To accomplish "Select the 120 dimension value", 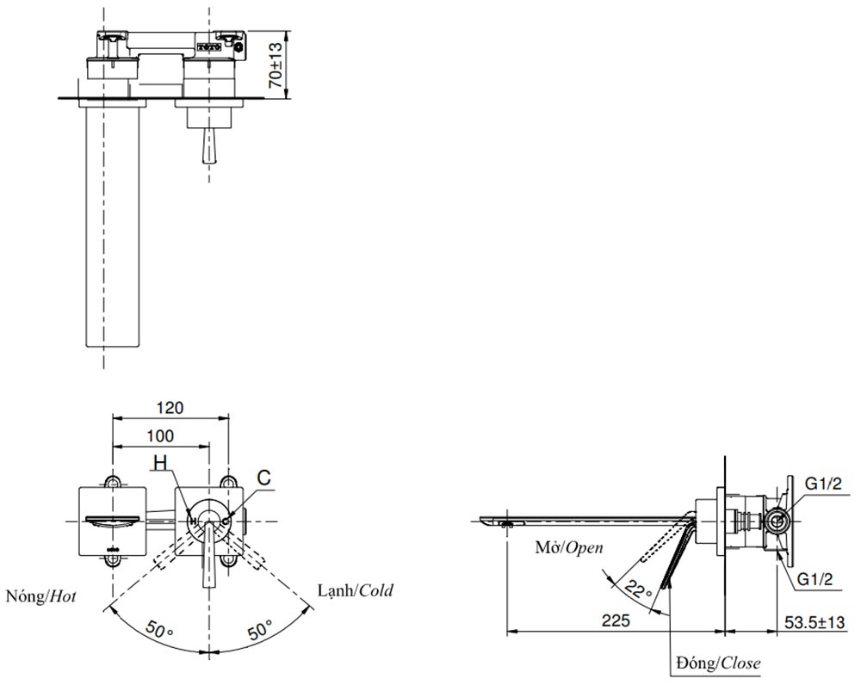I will pyautogui.click(x=170, y=407).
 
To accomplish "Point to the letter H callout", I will pyautogui.click(x=159, y=464).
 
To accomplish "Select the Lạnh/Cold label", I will pyautogui.click(x=355, y=591).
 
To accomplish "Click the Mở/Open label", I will pyautogui.click(x=568, y=547).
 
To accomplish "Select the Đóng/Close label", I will pyautogui.click(x=717, y=663).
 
